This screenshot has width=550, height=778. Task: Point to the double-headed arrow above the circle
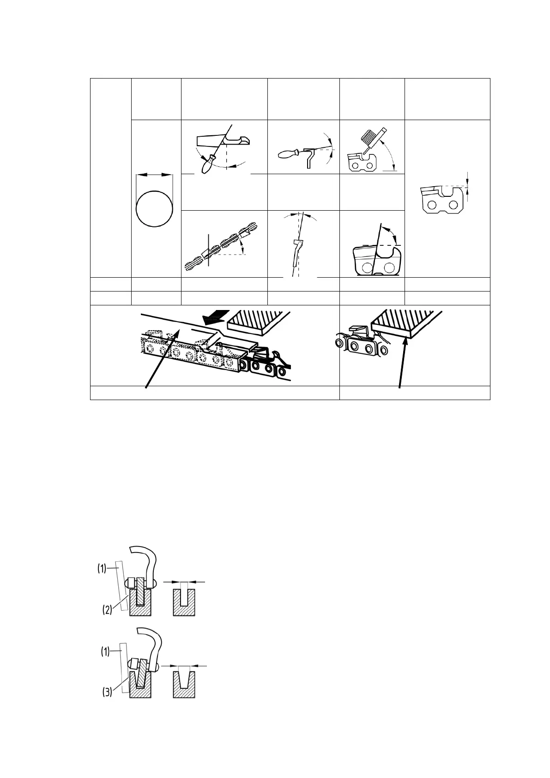(x=154, y=175)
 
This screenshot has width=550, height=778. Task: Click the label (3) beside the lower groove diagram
(x=106, y=693)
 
